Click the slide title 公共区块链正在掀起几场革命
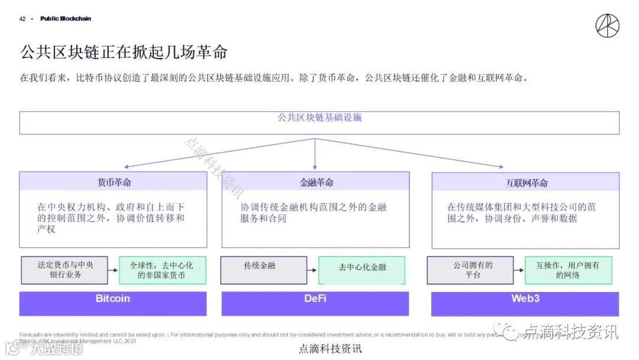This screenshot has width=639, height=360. point(124,52)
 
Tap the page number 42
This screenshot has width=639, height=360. point(22,19)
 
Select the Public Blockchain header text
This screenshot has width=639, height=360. point(66,19)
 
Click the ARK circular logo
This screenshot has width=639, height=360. point(607,25)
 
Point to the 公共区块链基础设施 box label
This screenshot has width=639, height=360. point(319,118)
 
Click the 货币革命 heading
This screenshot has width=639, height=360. point(114,182)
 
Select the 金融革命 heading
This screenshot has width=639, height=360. point(316,182)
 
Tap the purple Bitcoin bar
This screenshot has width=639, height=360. point(113,299)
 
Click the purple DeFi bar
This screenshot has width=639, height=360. point(315,299)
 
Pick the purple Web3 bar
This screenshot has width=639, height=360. point(525,299)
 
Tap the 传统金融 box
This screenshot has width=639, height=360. point(264,270)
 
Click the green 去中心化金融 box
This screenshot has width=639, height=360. point(362,270)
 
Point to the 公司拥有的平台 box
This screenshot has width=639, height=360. point(473,270)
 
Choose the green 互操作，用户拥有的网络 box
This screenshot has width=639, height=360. point(568,270)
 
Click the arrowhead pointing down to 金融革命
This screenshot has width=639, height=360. point(315,167)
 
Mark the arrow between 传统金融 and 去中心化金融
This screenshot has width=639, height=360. point(313,271)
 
